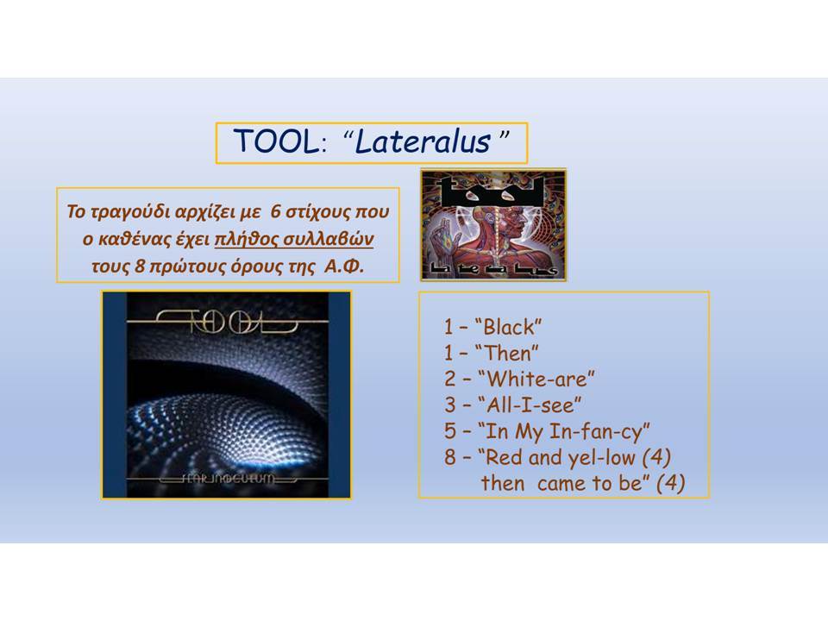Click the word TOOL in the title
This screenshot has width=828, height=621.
pyautogui.click(x=277, y=141)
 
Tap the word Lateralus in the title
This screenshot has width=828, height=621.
pyautogui.click(x=423, y=141)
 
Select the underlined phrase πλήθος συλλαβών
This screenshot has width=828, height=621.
pyautogui.click(x=294, y=239)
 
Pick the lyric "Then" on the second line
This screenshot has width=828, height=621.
pyautogui.click(x=506, y=353)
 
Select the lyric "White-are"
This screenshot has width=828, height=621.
pyautogui.click(x=536, y=379)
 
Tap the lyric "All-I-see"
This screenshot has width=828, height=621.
pyautogui.click(x=530, y=405)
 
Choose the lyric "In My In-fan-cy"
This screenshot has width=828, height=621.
pyautogui.click(x=563, y=432)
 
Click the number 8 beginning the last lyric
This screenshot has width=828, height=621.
pyautogui.click(x=450, y=457)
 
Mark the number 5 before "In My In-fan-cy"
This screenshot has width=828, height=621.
pyautogui.click(x=450, y=431)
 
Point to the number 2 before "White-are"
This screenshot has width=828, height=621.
pyautogui.click(x=450, y=379)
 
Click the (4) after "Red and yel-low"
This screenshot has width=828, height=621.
pyautogui.click(x=656, y=457)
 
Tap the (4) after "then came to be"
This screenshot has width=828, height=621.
pyautogui.click(x=671, y=483)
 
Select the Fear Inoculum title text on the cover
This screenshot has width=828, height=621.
pyautogui.click(x=228, y=479)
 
